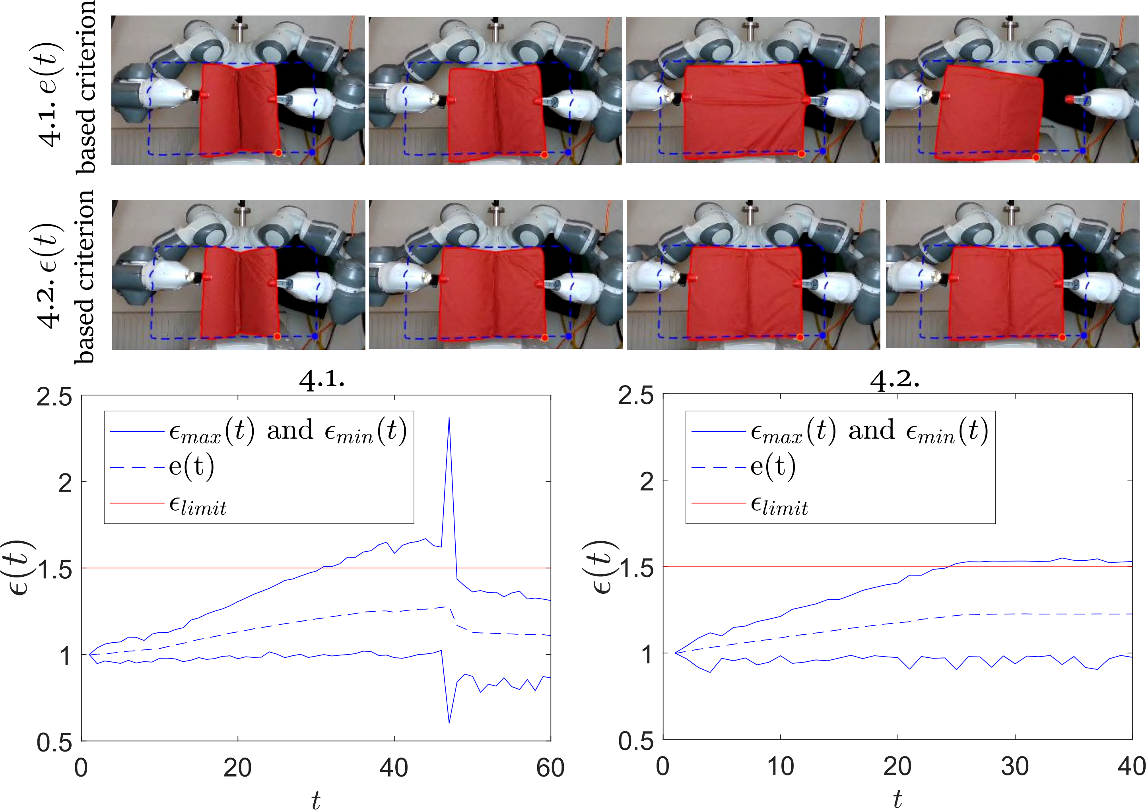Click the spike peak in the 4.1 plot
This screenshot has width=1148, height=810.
point(449,418)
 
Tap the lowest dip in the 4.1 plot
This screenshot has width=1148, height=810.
point(449,723)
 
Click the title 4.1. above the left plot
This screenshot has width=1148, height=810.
point(322,381)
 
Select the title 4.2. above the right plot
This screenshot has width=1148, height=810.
point(895,381)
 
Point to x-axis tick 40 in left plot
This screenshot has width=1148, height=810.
point(394,768)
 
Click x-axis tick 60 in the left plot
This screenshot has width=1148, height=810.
point(550,768)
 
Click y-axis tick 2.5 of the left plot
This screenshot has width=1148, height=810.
point(54,398)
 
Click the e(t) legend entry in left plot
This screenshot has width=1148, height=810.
point(192,466)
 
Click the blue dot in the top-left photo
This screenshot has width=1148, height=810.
point(313,152)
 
